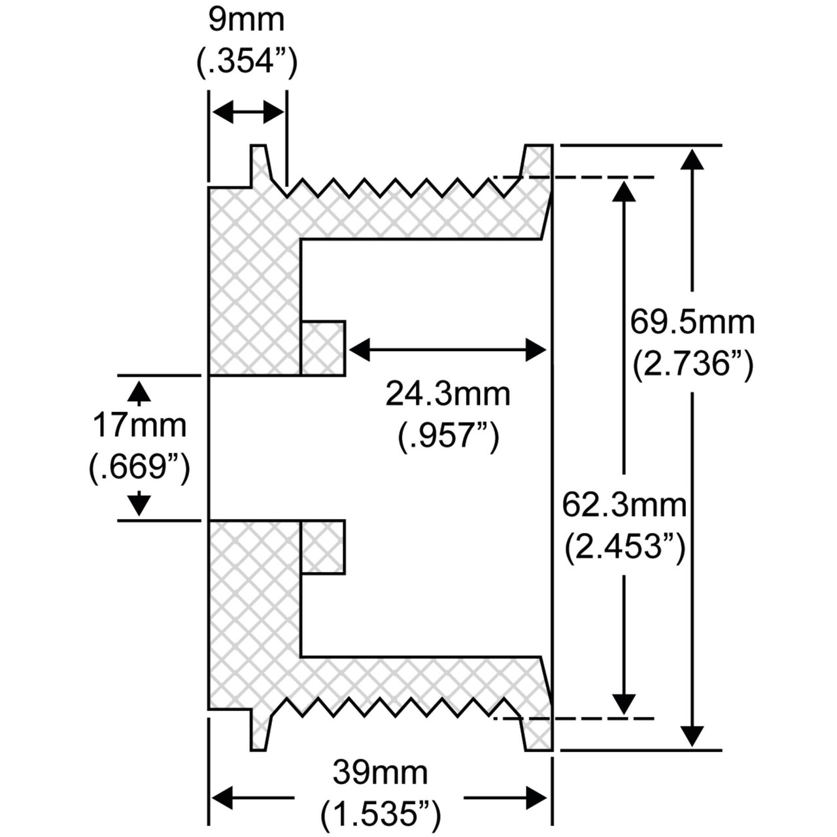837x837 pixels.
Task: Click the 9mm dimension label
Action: tap(247, 20)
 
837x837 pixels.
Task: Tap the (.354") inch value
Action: tap(247, 63)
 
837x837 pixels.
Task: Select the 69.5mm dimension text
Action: tap(692, 322)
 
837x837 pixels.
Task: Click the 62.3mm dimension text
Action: tap(624, 505)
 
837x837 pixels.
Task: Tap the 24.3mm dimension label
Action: tap(448, 394)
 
